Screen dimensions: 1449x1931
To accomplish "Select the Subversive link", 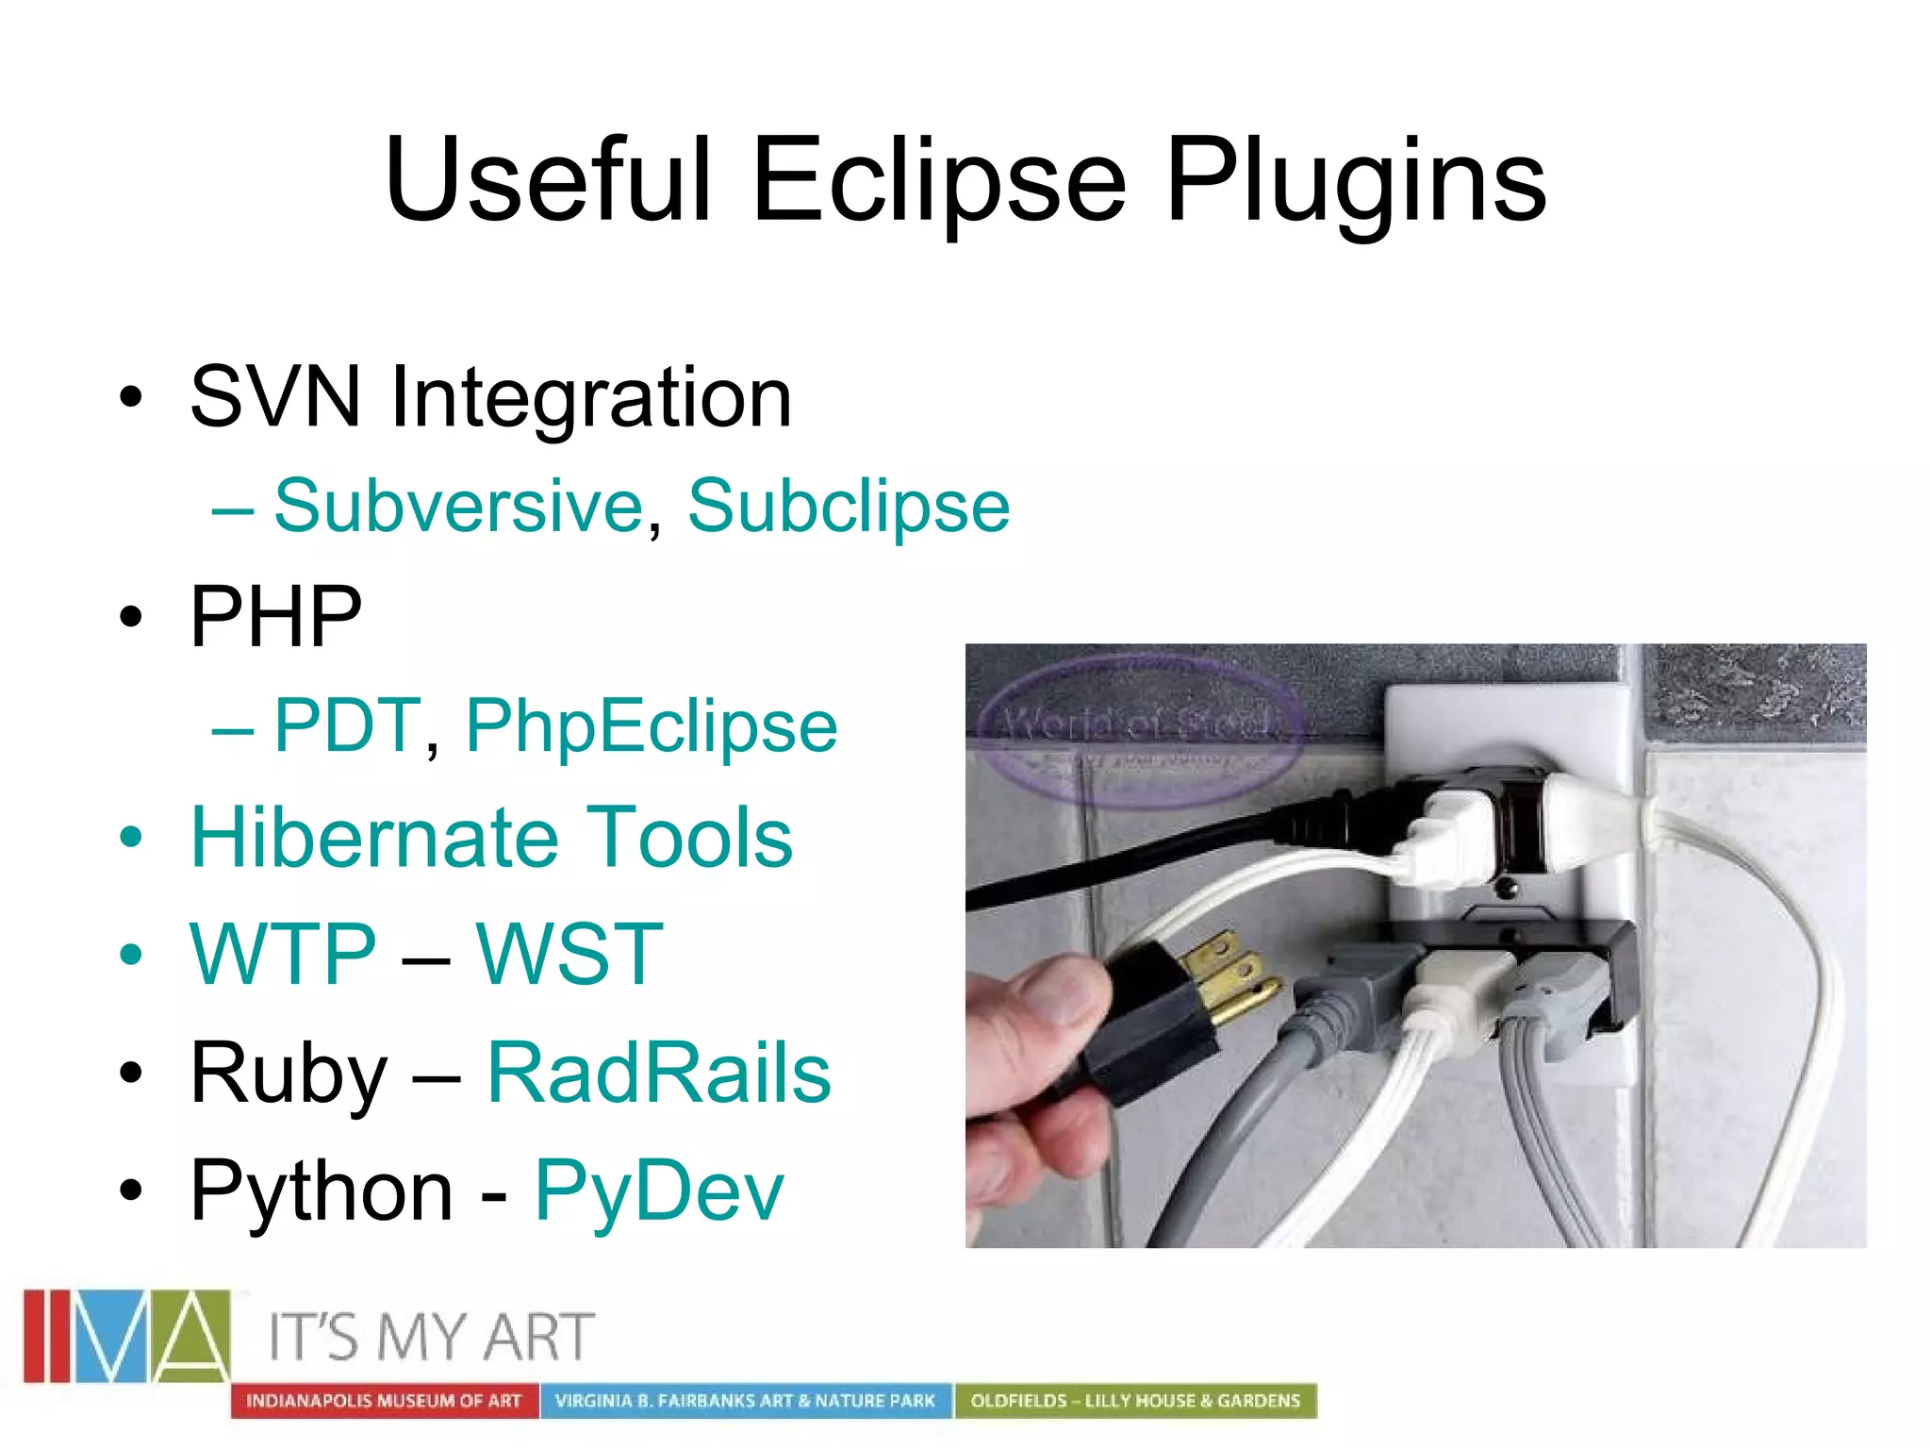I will (x=458, y=507).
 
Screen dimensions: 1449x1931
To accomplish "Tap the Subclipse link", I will (x=849, y=507).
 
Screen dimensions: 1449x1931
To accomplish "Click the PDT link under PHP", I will (x=346, y=725).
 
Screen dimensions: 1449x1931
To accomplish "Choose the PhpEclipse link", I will (x=652, y=725).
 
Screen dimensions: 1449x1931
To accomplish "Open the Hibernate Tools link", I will (x=491, y=838).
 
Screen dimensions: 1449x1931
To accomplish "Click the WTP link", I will (x=283, y=955).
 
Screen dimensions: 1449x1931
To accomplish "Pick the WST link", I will (x=569, y=955).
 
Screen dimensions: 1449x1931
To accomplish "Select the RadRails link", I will (x=658, y=1073).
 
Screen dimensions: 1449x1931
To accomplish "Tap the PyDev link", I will (x=658, y=1191).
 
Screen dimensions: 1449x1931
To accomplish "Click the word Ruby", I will (x=289, y=1073).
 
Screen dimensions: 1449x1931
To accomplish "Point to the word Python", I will (x=322, y=1191).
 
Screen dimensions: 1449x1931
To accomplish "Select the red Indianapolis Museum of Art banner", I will (x=384, y=1401).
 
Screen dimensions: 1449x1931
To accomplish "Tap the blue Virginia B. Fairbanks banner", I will (x=745, y=1401).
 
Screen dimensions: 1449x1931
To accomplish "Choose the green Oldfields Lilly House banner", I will (x=1135, y=1401).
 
